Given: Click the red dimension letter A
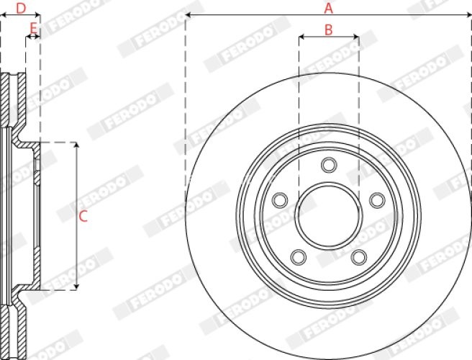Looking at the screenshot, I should pos(328,9).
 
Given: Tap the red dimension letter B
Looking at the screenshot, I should pos(328,30).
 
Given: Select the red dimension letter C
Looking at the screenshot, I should pos(83,215).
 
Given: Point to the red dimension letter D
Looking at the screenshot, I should pos(20,9).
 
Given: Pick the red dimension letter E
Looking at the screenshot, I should pos(32,29).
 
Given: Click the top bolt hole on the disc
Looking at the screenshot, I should pos(329,165).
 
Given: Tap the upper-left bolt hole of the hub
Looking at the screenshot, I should pos(281,199).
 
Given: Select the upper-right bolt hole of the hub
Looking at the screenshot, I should pos(376,199).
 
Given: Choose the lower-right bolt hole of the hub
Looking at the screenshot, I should pos(358,256).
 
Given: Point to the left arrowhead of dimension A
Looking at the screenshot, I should pos(189,16).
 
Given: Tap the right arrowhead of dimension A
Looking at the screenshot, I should pos(468,16).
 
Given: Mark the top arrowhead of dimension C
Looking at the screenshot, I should pos(76,145).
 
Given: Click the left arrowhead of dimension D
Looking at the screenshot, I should pos(3,16).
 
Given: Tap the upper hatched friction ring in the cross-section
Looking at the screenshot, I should pos(10,101).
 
